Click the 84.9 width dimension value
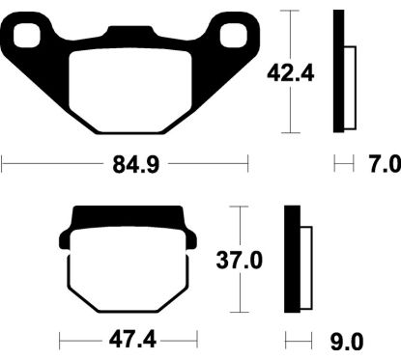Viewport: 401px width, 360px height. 126,166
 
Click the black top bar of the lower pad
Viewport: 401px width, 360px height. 124,217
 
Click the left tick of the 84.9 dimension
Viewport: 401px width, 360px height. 3,166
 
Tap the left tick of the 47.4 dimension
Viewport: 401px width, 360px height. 59,341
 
